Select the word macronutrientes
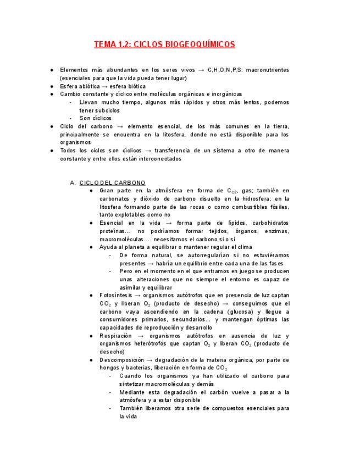(265, 70)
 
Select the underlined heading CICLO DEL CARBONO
(112, 182)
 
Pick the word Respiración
(116, 335)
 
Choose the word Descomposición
(121, 359)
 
